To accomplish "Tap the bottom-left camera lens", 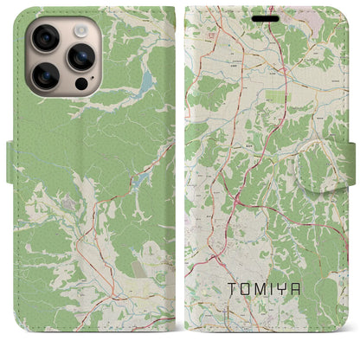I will point(45,76).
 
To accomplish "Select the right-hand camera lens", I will point(80,56).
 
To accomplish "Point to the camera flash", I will point(80,29).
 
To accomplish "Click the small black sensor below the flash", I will point(81,85).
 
